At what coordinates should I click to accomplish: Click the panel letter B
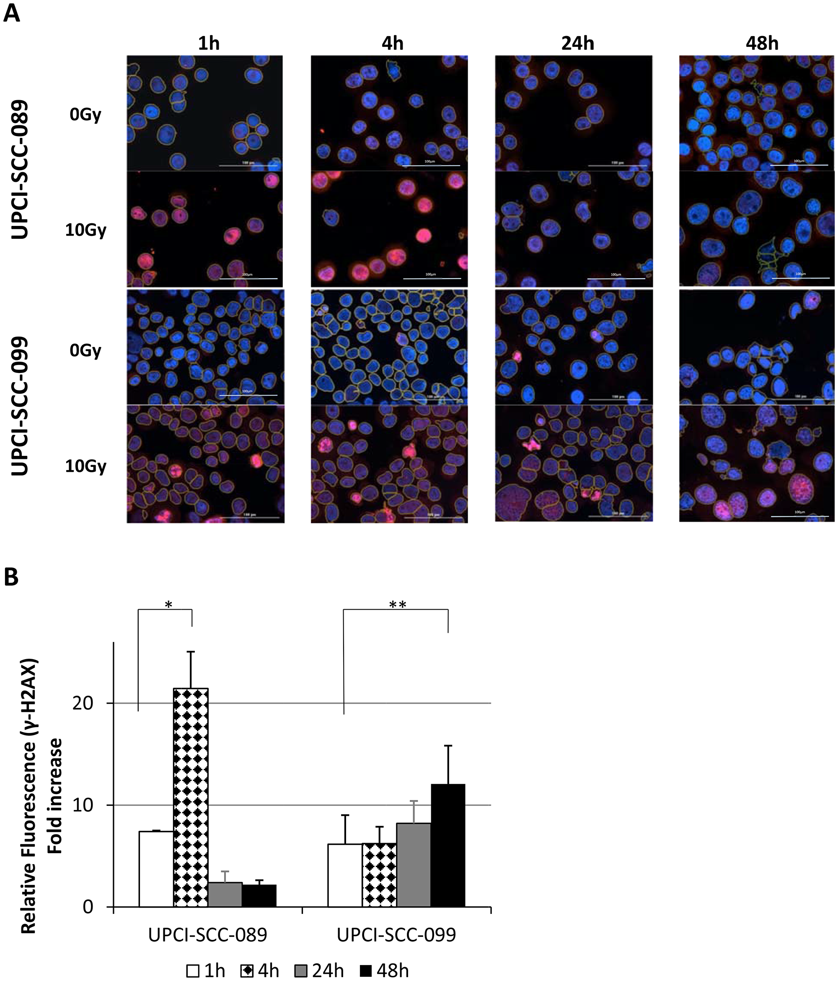11,577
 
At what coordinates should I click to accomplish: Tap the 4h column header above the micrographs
392,44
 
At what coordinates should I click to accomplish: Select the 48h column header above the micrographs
762,44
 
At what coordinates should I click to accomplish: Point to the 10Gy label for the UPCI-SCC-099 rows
86,466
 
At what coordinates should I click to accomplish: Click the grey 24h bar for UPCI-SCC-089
225,895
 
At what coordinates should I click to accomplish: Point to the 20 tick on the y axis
83,703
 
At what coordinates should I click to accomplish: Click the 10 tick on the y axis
83,805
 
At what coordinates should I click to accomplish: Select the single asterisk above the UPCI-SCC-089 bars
168,605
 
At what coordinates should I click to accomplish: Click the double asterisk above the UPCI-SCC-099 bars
397,605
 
